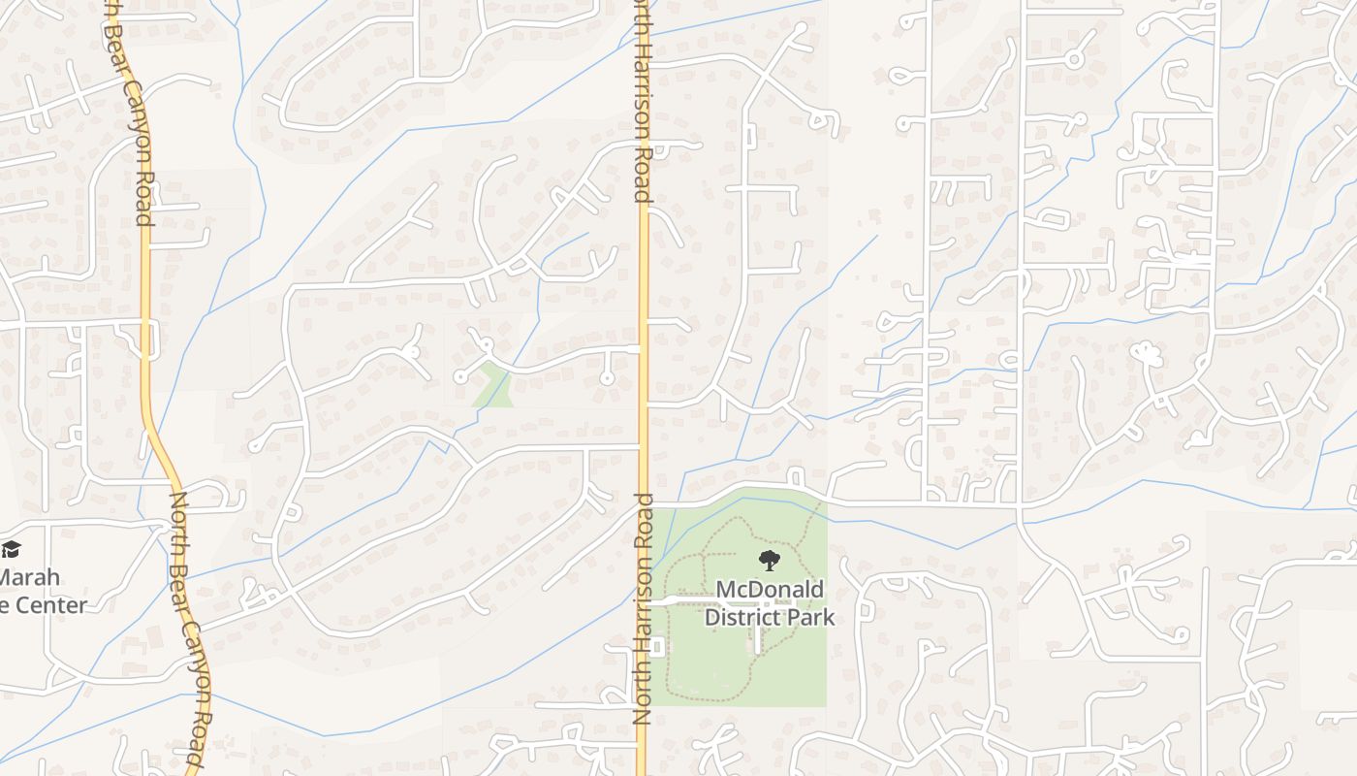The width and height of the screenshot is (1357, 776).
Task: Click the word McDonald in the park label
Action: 770,590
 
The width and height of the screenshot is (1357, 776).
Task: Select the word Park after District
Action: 809,616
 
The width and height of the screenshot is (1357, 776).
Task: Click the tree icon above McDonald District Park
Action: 769,561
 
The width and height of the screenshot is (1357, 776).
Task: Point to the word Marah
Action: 29,577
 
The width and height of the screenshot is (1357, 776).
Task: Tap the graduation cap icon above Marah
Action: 10,550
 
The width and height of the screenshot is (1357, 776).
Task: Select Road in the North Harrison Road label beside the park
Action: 641,696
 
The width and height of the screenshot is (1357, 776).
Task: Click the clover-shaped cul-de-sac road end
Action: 1147,355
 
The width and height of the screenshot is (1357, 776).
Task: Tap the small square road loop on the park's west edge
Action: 656,646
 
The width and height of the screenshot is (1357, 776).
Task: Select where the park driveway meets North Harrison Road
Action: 647,602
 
